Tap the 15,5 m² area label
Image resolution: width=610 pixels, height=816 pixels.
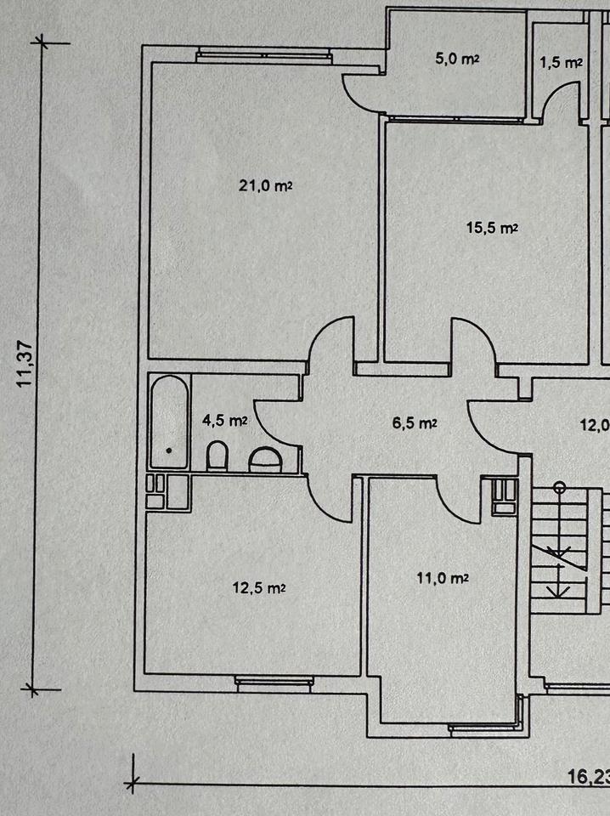(492, 227)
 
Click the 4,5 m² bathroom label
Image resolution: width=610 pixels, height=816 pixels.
(224, 419)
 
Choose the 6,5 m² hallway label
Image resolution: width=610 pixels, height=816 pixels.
(415, 422)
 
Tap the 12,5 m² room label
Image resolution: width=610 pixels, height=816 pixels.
(259, 586)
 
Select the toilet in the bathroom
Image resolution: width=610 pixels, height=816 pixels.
(217, 456)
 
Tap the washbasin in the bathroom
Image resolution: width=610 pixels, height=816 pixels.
(266, 460)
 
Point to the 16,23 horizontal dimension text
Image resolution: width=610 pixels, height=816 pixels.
(587, 775)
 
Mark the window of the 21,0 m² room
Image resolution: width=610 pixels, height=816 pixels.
(263, 56)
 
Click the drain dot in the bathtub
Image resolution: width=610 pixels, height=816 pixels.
(169, 450)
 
